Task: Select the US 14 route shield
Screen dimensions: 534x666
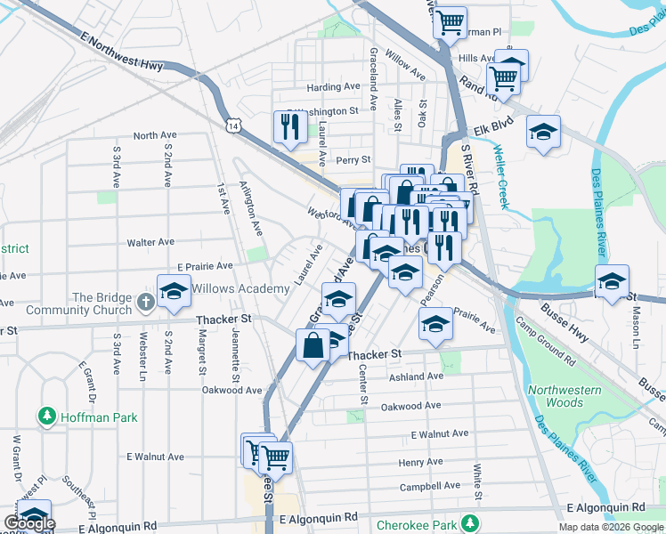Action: [x=233, y=126]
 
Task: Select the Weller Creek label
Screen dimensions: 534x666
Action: [x=500, y=177]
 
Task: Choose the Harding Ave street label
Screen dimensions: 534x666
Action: [x=333, y=87]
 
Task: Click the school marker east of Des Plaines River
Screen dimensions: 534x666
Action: [x=613, y=283]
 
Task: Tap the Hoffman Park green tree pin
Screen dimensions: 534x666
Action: [x=46, y=416]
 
